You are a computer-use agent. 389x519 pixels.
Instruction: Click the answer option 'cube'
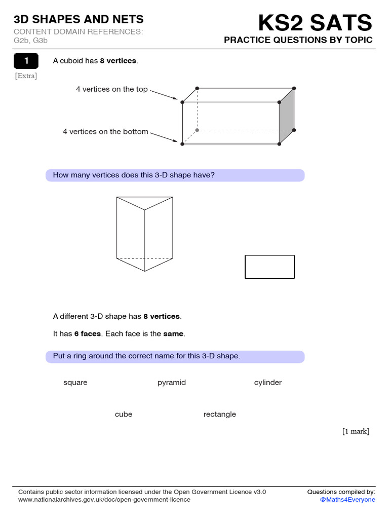[x=124, y=414]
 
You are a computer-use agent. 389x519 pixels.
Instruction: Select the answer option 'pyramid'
[x=172, y=382]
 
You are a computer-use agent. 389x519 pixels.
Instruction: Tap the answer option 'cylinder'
[x=268, y=382]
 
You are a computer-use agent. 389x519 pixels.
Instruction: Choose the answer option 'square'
[x=75, y=382]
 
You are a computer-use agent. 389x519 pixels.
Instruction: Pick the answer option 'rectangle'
[x=220, y=414]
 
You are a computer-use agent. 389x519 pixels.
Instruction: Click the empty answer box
[x=269, y=267]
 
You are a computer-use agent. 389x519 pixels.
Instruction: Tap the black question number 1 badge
[x=27, y=61]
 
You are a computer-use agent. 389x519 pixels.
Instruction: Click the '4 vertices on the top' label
[x=112, y=89]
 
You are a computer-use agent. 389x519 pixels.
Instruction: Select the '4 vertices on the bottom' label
[x=105, y=132]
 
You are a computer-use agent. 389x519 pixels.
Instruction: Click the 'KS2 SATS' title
[x=315, y=23]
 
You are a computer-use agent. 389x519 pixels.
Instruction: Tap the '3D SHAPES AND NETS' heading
[x=79, y=19]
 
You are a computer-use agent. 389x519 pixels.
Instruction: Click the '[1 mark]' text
[x=356, y=431]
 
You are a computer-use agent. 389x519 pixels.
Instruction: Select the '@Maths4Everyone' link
[x=347, y=500]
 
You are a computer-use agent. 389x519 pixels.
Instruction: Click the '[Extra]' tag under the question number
[x=26, y=76]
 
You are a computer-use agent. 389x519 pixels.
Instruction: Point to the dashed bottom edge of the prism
[x=145, y=258]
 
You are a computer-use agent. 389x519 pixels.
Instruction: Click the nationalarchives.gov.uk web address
[x=104, y=500]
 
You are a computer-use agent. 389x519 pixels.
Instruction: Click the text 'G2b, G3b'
[x=30, y=40]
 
